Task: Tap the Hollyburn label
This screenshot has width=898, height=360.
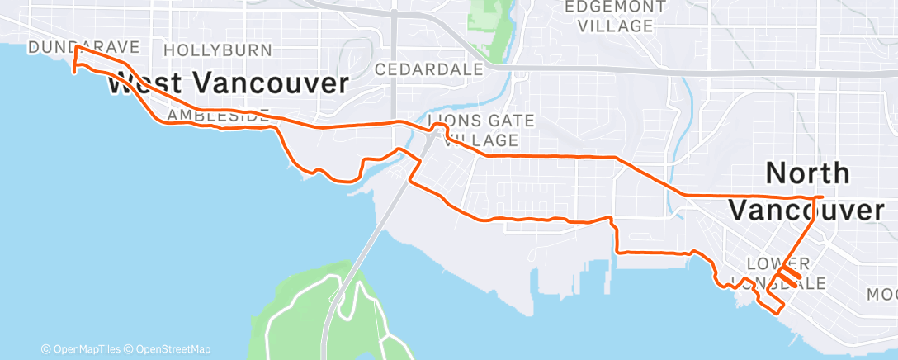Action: click(x=218, y=50)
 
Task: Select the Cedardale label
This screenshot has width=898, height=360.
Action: click(x=428, y=70)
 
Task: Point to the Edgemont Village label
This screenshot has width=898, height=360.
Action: click(x=615, y=17)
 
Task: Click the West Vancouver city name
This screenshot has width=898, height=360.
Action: click(x=228, y=83)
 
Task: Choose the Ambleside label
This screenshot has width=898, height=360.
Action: click(x=218, y=116)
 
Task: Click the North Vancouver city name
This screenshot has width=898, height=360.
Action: click(x=807, y=192)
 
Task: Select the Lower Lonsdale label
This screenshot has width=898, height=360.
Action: click(x=785, y=273)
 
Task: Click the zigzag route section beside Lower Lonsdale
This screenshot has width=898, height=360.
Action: click(x=788, y=275)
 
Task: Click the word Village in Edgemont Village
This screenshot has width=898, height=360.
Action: click(x=615, y=26)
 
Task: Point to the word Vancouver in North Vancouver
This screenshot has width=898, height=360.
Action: click(x=807, y=211)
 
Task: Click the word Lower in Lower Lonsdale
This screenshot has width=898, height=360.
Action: click(x=773, y=263)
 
